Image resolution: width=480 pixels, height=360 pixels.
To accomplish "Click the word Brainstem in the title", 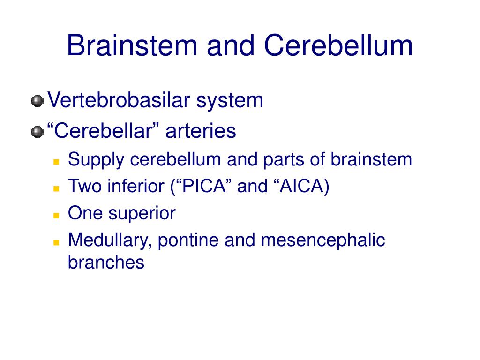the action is point(132,45).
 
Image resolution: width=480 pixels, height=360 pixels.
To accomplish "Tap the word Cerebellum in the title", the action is point(338,45).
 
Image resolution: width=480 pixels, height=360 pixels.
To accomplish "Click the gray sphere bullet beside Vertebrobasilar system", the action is point(37,101).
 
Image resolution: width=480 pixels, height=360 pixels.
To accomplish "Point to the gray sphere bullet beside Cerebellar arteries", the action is point(37,132).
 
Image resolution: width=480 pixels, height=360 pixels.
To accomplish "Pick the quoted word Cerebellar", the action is point(104,130).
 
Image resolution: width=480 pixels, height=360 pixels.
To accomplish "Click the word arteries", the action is point(201,131).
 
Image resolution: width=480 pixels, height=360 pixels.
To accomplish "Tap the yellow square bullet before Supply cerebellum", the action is point(56,162).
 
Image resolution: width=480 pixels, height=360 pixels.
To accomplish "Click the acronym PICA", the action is point(204,186).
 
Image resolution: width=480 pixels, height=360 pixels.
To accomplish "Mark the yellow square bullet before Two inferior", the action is point(56,188).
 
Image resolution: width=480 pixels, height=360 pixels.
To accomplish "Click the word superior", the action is point(142,213).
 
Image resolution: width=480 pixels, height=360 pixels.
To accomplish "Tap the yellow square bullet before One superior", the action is point(56,216).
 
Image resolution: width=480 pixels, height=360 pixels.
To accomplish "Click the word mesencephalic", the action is point(323,240).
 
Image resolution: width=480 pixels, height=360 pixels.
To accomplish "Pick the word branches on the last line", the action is point(106,262).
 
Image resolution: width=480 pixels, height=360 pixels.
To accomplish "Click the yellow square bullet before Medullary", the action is point(56,242).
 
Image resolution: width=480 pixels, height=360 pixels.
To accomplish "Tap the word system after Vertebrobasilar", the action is point(230,101).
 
